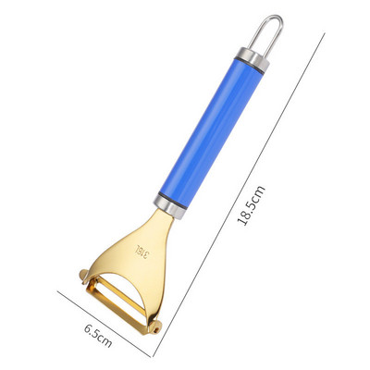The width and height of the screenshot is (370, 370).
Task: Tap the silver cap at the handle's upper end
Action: tap(253, 59)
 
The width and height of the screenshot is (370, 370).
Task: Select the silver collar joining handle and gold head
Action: tap(170, 204)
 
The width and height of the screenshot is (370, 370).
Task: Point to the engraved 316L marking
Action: tap(142, 252)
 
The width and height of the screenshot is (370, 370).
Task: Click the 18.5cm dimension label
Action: tap(251, 205)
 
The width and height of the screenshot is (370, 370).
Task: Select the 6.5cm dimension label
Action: tap(98, 335)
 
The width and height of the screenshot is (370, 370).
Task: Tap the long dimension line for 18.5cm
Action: tap(238, 195)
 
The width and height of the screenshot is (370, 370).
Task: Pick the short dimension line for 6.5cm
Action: tap(105, 324)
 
